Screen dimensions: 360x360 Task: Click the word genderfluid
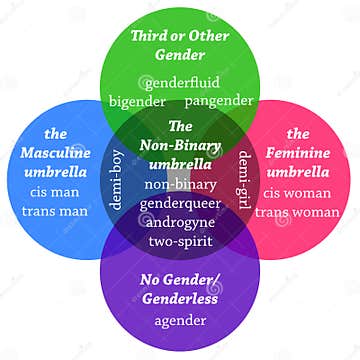[182, 82]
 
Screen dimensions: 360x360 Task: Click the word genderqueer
[181, 202]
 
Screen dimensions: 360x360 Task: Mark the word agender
[181, 320]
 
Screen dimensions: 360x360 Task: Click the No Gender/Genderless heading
[181, 286]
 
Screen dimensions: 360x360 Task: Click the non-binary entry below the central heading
[181, 184]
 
